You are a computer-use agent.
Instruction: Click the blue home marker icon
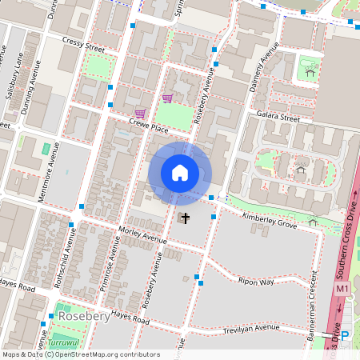pyautogui.click(x=180, y=173)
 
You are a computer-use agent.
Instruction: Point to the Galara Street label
pyautogui.click(x=278, y=118)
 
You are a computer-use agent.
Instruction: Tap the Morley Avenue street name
pyautogui.click(x=141, y=234)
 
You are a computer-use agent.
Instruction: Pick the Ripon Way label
pyautogui.click(x=256, y=282)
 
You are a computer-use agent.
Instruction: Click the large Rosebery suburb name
pyautogui.click(x=84, y=317)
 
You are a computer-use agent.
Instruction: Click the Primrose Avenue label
pyautogui.click(x=110, y=267)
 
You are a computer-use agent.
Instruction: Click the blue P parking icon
pyautogui.click(x=345, y=337)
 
